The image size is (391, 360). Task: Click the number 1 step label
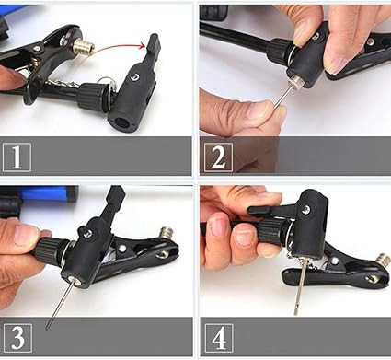pos(17,157)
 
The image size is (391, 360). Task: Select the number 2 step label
pos(218,157)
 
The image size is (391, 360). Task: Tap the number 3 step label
pos(17,338)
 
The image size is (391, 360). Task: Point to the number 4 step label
pos(219,338)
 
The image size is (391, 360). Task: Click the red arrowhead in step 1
pos(143,46)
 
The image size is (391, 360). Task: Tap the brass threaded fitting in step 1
pos(84,47)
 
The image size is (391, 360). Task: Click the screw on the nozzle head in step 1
pos(134,76)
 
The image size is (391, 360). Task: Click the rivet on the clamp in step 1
pos(37,48)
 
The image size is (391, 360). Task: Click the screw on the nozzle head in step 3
pos(87,234)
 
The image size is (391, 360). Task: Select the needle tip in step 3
pos(47,329)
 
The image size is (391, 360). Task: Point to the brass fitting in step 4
pos(384,261)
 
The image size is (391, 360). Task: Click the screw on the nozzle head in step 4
pos(305,210)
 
